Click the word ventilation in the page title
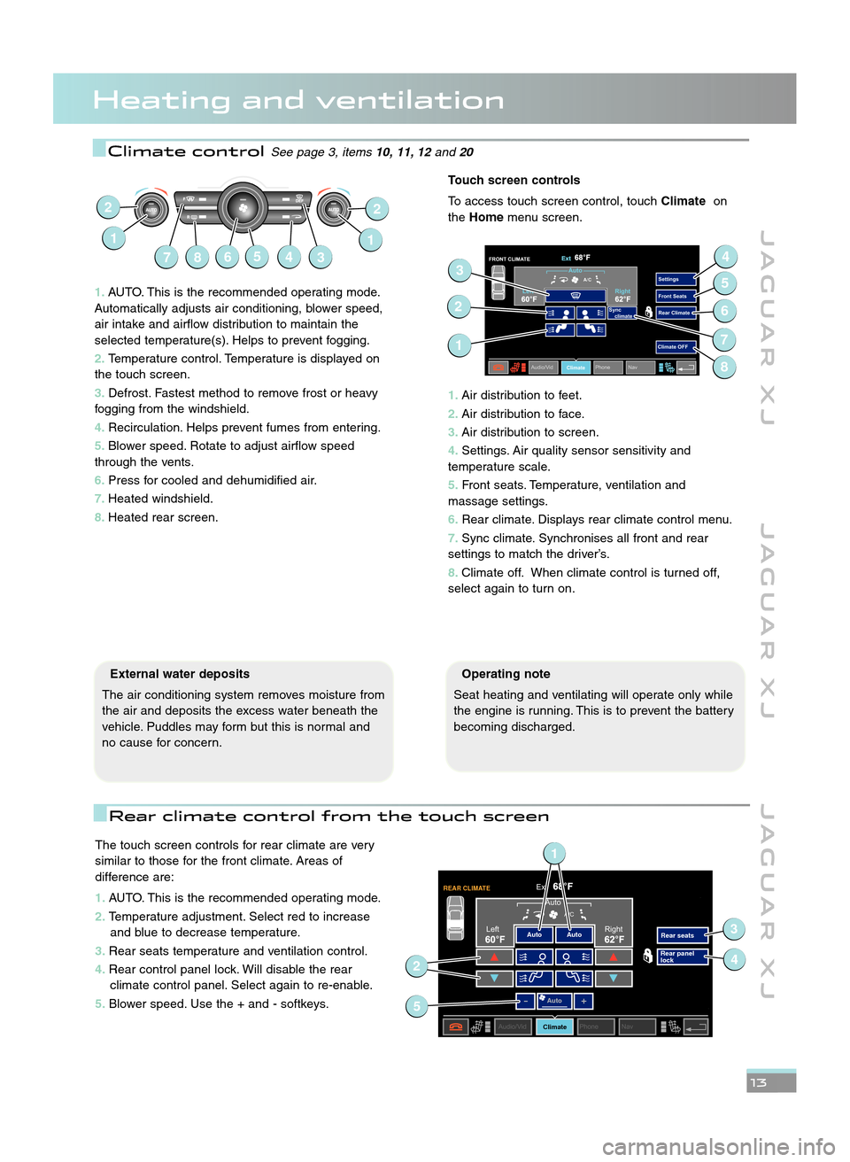pos(410,100)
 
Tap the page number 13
pos(759,1082)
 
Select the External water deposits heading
pos(180,674)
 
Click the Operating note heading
pos(506,674)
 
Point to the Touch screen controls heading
pos(514,180)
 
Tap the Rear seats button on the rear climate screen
pos(681,935)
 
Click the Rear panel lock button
pos(681,957)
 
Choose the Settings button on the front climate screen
pos(675,279)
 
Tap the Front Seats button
pos(675,296)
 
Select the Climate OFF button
pos(675,347)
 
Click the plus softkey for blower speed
pos(583,1001)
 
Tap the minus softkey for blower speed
pos(525,1001)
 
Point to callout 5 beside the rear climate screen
pos(417,1006)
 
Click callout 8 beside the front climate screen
pos(724,367)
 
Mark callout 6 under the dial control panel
pos(228,257)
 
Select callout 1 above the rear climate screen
pos(554,854)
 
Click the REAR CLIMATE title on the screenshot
pos(467,888)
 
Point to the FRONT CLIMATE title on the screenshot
pos(509,260)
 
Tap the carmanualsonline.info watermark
pos(718,1147)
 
